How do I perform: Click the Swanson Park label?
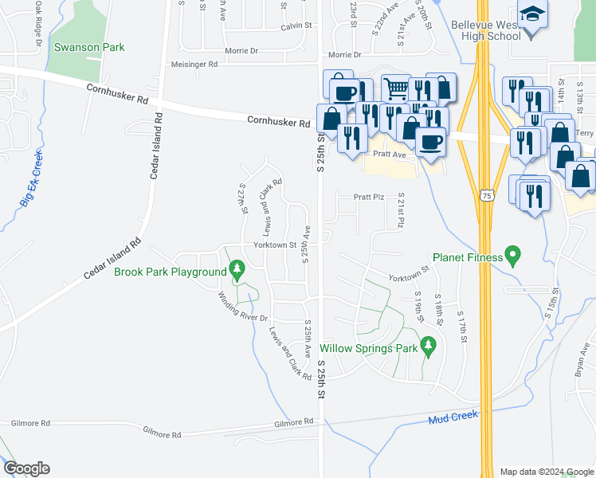pos(89,47)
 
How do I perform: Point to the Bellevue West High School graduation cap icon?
pos(530,14)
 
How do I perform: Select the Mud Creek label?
pos(453,416)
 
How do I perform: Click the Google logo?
pos(26,468)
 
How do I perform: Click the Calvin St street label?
pos(294,26)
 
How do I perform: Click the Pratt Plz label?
pos(369,196)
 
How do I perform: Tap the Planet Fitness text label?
pos(468,257)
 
